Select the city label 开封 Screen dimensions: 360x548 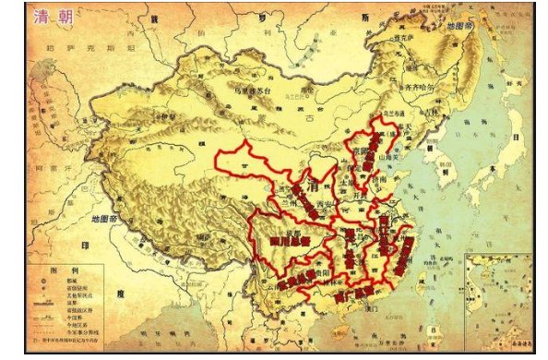coord(361,196)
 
